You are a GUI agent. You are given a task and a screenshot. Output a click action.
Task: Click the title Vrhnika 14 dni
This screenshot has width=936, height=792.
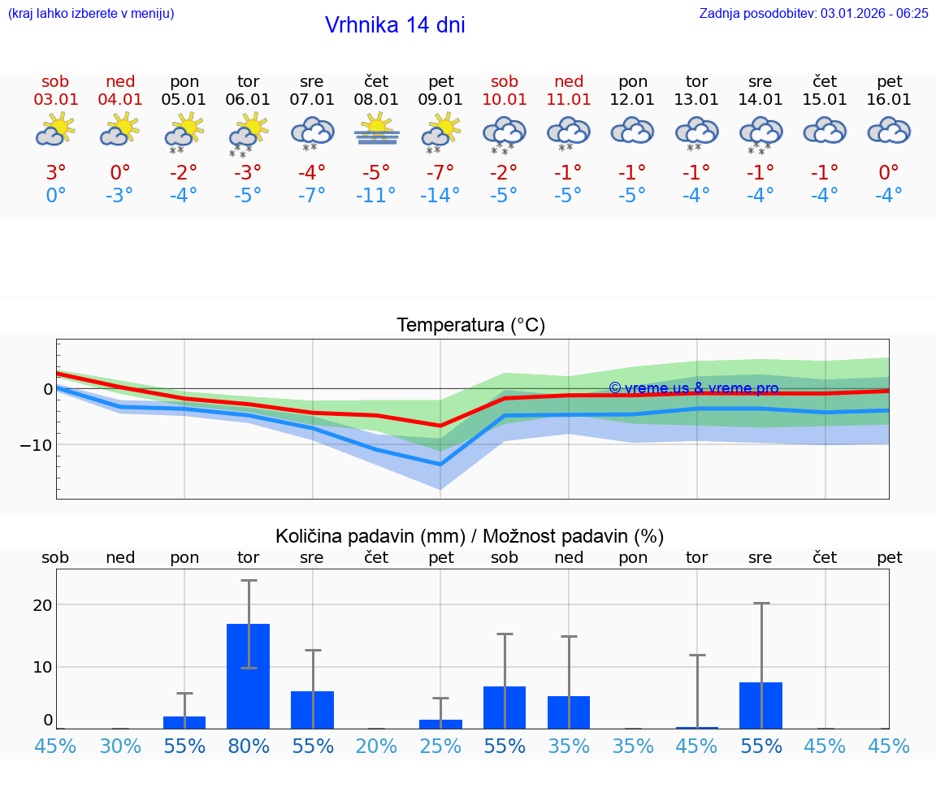click(x=395, y=25)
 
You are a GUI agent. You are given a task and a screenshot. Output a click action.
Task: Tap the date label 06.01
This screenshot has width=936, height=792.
click(x=248, y=100)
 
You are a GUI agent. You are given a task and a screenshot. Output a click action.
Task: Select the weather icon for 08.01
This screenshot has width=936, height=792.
click(x=376, y=130)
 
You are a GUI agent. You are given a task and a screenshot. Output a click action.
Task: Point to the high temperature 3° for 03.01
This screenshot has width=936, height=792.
click(x=55, y=172)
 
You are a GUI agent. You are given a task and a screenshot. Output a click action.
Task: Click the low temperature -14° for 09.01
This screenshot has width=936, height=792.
click(x=440, y=195)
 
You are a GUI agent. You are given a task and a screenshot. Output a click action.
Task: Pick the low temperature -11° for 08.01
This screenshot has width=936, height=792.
click(x=376, y=195)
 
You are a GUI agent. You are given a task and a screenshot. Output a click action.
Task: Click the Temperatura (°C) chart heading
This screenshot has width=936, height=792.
click(x=470, y=326)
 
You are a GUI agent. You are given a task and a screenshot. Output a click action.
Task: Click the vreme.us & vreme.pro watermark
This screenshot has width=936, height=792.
click(x=693, y=388)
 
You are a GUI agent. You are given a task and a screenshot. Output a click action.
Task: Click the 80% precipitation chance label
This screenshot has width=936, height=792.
click(x=248, y=746)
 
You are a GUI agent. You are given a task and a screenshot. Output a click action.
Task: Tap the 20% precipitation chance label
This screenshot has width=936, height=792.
click(x=376, y=746)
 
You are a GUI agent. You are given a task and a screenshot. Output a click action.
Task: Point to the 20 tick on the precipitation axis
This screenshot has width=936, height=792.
click(x=42, y=605)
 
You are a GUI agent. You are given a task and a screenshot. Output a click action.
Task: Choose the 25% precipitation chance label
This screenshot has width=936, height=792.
click(x=440, y=746)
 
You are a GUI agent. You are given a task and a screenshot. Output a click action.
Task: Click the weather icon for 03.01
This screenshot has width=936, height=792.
click(x=55, y=130)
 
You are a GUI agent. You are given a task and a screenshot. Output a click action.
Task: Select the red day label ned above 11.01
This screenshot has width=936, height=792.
click(x=569, y=81)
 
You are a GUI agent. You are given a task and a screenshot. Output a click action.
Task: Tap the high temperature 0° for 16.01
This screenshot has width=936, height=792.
click(x=889, y=172)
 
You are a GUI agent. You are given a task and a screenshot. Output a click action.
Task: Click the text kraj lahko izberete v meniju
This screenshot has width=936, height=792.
click(x=91, y=13)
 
